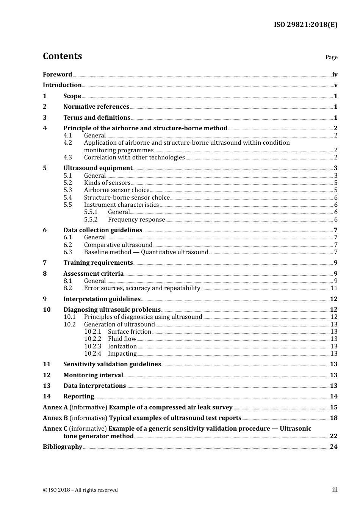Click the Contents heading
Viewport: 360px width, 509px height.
pyautogui.click(x=62, y=56)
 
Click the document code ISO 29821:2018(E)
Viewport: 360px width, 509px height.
pyautogui.click(x=305, y=25)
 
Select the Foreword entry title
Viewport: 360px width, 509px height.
pyautogui.click(x=57, y=75)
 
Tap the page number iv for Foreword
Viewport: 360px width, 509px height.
pyautogui.click(x=335, y=75)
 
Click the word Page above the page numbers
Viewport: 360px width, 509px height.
pyautogui.click(x=331, y=57)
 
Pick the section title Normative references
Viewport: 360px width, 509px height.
pyautogui.click(x=96, y=107)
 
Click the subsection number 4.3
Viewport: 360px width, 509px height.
pyautogui.click(x=67, y=158)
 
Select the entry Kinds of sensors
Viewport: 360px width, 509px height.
pyautogui.click(x=107, y=183)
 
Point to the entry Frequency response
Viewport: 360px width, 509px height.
pyautogui.click(x=136, y=220)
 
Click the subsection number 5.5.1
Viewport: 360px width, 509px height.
pyautogui.click(x=91, y=212)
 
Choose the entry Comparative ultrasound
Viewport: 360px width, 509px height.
pyautogui.click(x=118, y=245)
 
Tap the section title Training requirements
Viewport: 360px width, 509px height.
pyautogui.click(x=98, y=263)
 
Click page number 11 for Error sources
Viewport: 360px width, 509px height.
pyautogui.click(x=334, y=288)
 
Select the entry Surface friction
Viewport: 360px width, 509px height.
pyautogui.click(x=130, y=332)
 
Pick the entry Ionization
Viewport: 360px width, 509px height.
pyautogui.click(x=122, y=347)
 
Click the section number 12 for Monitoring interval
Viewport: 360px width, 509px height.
pyautogui.click(x=47, y=375)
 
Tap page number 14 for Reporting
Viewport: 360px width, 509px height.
pyautogui.click(x=333, y=397)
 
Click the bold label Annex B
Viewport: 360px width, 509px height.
pyautogui.click(x=55, y=418)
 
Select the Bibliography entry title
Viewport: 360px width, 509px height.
pyautogui.click(x=63, y=447)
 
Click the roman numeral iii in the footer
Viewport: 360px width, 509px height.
pyautogui.click(x=335, y=490)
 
